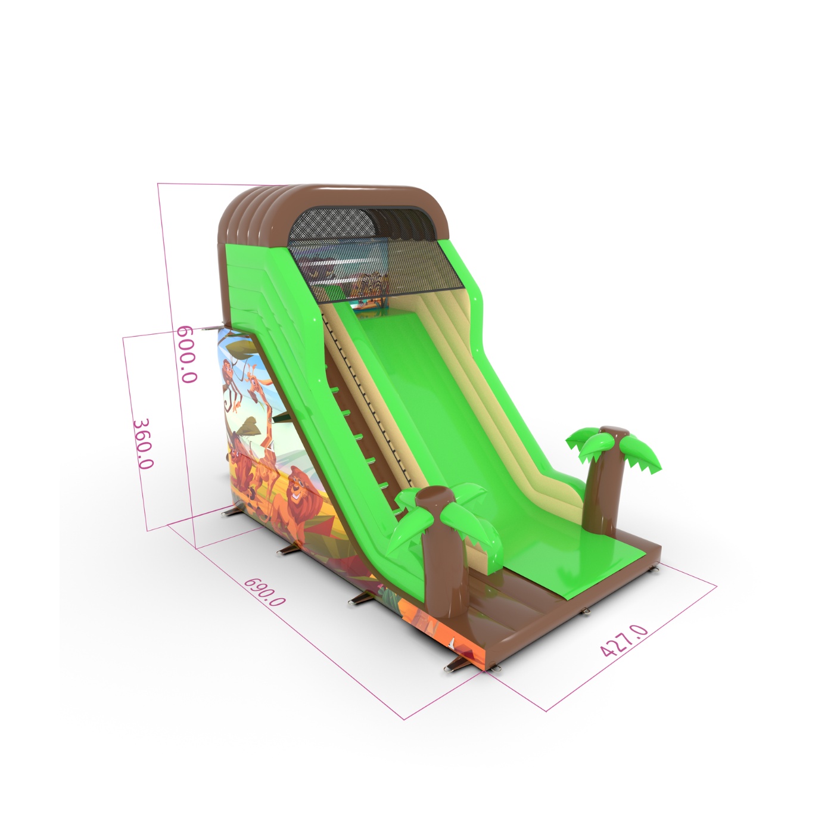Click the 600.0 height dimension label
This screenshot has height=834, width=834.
(187, 354)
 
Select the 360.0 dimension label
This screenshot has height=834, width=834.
(143, 444)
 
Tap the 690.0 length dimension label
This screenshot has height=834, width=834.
(264, 591)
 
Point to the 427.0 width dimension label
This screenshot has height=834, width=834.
(624, 647)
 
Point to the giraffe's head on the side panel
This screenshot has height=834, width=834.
(254, 382)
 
